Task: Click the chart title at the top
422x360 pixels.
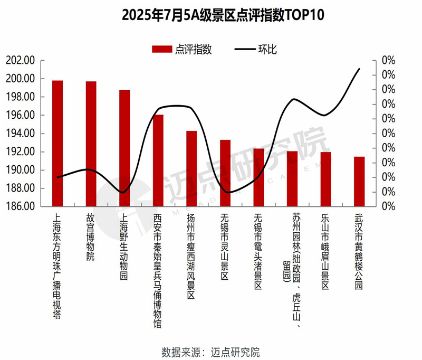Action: pos(211,14)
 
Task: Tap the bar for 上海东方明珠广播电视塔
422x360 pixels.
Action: pos(57,143)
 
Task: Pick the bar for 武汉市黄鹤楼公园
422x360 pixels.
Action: pos(359,181)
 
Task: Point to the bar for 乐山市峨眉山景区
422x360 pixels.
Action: pos(325,179)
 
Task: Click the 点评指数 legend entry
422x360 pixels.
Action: pos(193,50)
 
